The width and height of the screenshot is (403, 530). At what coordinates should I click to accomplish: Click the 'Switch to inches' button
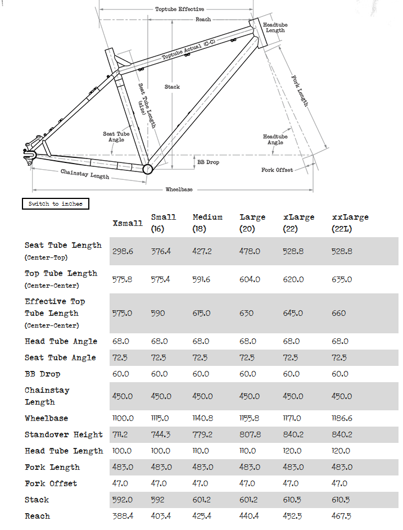pos(55,204)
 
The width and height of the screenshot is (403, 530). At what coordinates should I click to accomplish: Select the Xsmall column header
pos(128,223)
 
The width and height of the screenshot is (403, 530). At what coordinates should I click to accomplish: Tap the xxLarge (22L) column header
pos(350,223)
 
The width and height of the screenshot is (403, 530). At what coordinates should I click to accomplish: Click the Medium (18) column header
pos(207,223)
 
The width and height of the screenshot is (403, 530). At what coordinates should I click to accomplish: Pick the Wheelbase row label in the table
pos(46,419)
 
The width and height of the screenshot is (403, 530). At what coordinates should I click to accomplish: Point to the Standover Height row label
pos(64,434)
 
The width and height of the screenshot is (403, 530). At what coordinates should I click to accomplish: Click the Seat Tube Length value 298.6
pos(123,251)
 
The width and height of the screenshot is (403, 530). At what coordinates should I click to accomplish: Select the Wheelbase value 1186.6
pos(344,419)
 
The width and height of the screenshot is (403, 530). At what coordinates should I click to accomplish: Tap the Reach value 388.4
pos(123,516)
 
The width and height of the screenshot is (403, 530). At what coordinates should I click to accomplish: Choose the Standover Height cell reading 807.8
pos(250,434)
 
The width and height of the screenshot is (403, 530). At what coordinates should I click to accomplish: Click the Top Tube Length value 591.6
pos(203,279)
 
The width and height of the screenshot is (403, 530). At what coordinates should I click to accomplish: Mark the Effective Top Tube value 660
pos(339,313)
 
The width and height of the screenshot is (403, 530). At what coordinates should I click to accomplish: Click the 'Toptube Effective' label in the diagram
pos(179,10)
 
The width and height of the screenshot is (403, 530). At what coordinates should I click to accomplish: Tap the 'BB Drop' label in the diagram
pos(208,162)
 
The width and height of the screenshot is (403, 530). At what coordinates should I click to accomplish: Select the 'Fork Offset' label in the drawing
pos(277,170)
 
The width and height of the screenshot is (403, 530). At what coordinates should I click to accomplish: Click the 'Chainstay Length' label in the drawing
pos(85,174)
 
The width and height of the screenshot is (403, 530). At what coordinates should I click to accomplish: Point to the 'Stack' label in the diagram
pos(172,87)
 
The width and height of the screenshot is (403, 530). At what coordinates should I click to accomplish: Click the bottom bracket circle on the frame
pos(147,169)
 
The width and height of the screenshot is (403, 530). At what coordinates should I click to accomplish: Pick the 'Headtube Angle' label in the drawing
pos(275,139)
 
